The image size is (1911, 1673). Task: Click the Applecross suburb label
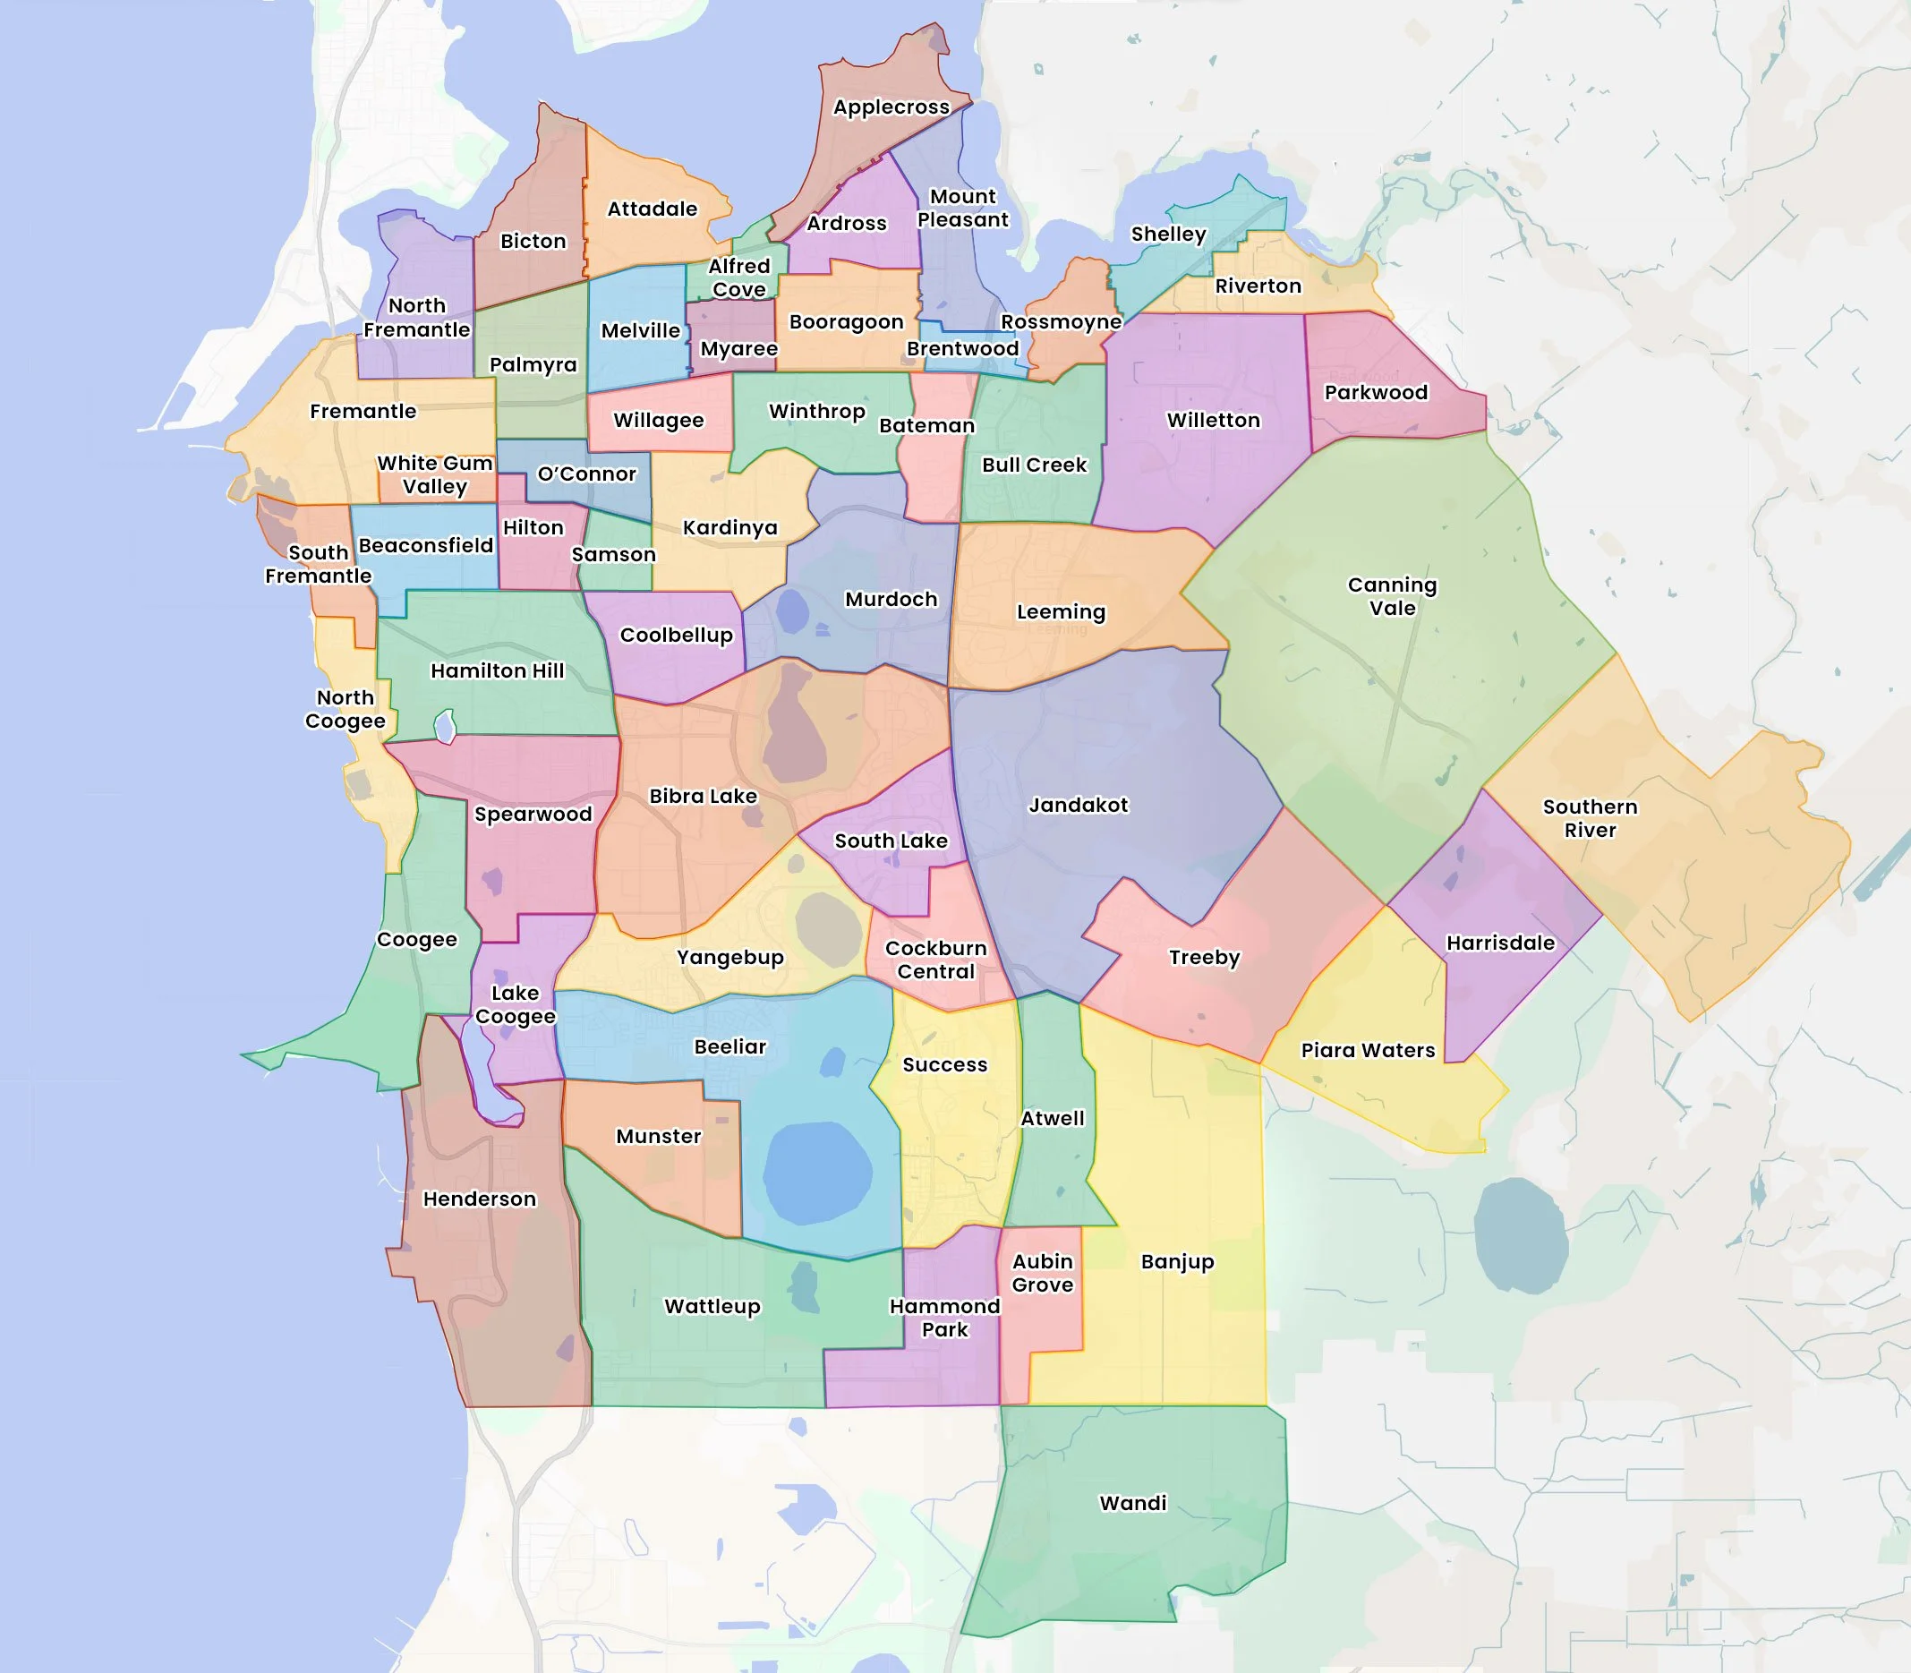[891, 107]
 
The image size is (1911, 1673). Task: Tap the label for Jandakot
[1079, 805]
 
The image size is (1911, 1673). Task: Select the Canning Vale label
[1392, 596]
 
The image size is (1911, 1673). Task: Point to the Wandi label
[1132, 1503]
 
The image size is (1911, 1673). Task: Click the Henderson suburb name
[480, 1199]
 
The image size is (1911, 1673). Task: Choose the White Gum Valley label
[435, 475]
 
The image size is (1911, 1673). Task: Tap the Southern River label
[1590, 819]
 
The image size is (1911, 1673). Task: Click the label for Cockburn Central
[935, 960]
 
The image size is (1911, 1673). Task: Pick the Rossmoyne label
[1061, 322]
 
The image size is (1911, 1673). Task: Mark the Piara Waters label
[1368, 1050]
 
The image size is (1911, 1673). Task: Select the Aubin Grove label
[1043, 1274]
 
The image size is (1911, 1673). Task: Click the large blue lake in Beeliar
[818, 1173]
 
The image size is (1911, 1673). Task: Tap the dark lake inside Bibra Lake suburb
[795, 729]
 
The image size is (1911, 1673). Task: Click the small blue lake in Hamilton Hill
[446, 725]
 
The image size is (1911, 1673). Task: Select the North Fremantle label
[416, 318]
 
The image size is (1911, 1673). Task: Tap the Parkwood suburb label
[1376, 392]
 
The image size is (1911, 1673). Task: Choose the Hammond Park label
[945, 1319]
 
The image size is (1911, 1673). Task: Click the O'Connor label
[586, 474]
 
